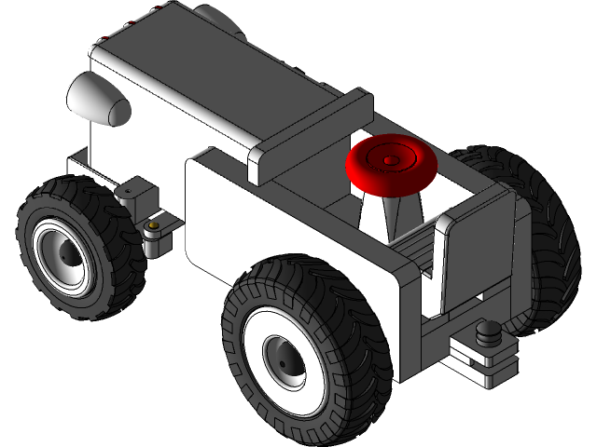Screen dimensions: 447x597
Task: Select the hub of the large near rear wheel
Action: coord(284,359)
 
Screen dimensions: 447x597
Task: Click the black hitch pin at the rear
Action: coord(486,332)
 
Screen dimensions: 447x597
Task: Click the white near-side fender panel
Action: coord(280,214)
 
